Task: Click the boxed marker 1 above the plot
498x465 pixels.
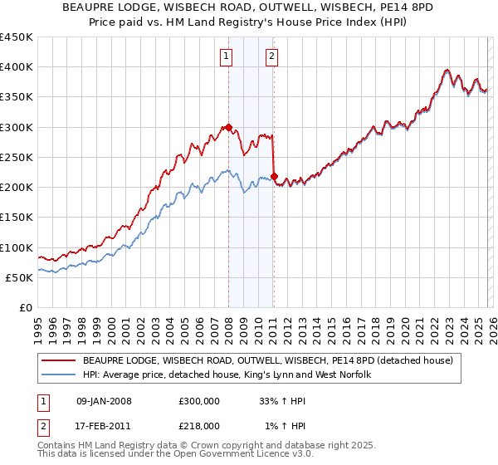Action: click(x=227, y=56)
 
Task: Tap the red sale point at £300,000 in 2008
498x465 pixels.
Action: click(x=228, y=128)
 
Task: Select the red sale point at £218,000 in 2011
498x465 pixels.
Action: click(x=274, y=176)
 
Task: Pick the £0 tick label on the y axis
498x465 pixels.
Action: click(x=25, y=307)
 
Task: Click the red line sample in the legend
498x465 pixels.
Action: click(x=59, y=360)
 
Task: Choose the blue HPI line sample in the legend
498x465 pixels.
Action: click(x=59, y=375)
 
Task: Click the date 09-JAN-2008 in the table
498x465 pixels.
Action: click(x=104, y=400)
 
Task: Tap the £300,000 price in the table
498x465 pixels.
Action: click(x=199, y=400)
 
